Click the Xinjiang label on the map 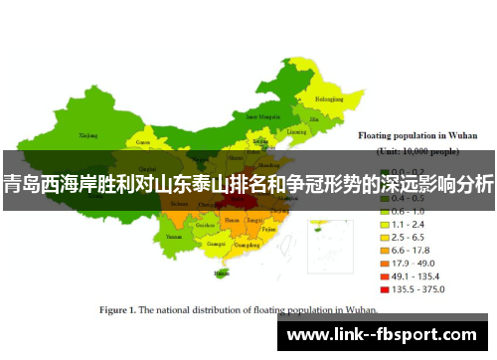88,133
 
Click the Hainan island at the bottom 220,272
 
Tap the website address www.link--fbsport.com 388,334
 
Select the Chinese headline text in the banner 248,183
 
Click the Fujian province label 266,230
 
